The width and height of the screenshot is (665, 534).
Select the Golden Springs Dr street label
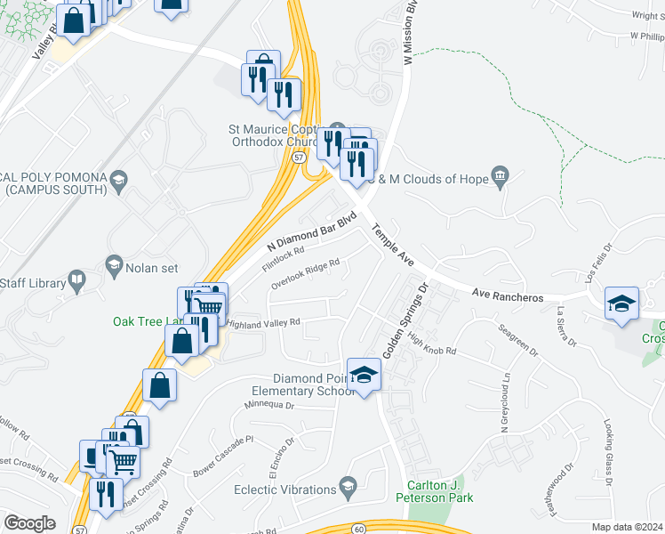click(x=405, y=320)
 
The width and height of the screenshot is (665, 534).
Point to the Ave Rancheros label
click(x=507, y=295)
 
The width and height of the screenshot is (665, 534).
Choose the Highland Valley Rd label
click(x=264, y=323)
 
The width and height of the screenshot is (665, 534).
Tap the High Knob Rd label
click(x=432, y=344)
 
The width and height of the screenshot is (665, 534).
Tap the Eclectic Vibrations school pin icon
click(x=348, y=488)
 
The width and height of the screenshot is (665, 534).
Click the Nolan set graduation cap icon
click(x=114, y=264)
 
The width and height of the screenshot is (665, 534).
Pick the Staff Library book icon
click(x=77, y=283)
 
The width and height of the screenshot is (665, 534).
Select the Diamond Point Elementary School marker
click(x=363, y=376)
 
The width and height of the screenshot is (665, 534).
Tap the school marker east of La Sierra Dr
click(x=622, y=303)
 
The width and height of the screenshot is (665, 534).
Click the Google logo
click(x=30, y=522)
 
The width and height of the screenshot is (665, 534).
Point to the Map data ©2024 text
click(x=627, y=527)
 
